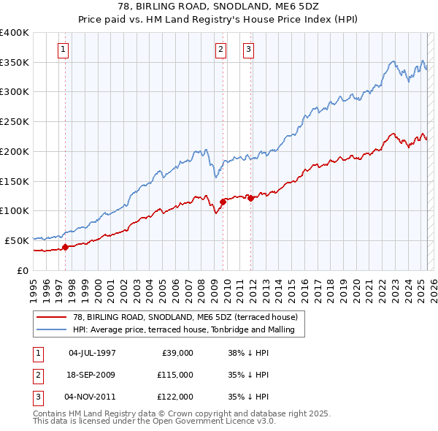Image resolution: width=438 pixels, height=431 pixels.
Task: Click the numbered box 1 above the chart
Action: click(64, 50)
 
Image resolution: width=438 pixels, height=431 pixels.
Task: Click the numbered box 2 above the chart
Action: click(220, 50)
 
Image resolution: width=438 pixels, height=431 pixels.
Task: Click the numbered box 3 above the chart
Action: click(248, 50)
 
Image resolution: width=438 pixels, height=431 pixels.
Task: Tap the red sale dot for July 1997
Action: click(65, 247)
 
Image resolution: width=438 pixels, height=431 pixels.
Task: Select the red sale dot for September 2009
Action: click(223, 202)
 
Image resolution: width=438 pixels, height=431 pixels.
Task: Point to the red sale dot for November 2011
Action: click(250, 197)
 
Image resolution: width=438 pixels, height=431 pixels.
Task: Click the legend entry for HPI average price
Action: click(182, 329)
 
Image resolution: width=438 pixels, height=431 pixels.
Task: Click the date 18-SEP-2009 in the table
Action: click(91, 375)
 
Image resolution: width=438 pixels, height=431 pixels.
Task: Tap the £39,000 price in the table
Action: click(176, 353)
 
